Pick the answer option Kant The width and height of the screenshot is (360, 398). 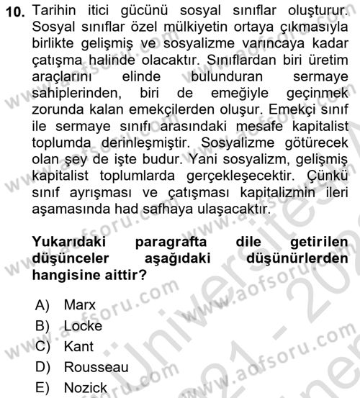click(78, 346)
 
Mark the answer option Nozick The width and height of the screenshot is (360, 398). click(86, 389)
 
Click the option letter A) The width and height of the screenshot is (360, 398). click(45, 304)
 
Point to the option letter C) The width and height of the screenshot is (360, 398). click(45, 346)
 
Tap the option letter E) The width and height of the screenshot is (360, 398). click(45, 389)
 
